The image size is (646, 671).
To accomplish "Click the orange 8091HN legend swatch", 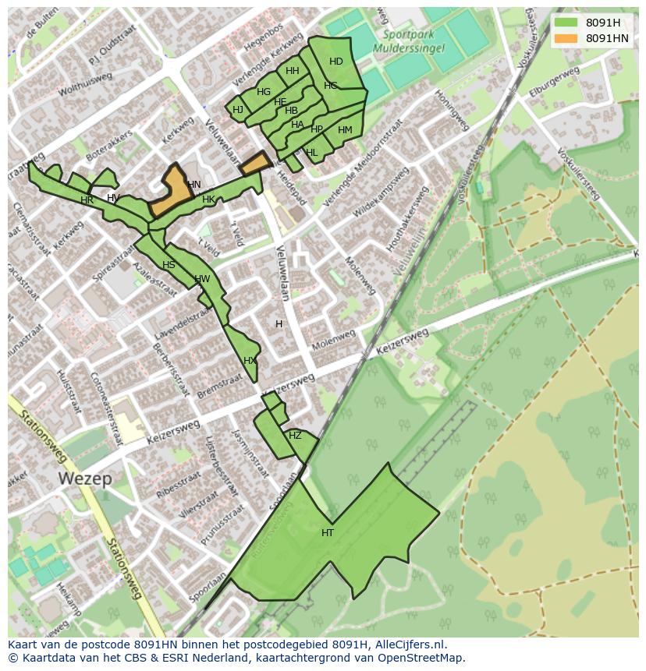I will click(566, 38).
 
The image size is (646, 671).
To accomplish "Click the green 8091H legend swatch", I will click(566, 23).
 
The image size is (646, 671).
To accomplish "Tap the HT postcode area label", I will click(328, 533).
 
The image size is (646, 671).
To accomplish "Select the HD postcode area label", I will click(336, 62).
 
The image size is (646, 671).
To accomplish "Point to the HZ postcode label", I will click(295, 436).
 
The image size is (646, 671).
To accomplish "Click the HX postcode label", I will click(250, 361).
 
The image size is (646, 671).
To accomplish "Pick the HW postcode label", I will click(202, 279).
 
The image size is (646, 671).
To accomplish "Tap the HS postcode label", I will click(169, 265).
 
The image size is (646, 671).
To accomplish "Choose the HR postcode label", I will click(87, 200).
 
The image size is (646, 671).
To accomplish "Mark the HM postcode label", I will click(345, 130).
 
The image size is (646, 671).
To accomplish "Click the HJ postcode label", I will click(238, 110).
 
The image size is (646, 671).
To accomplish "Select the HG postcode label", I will click(264, 92).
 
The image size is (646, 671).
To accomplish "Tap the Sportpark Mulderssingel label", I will click(414, 41).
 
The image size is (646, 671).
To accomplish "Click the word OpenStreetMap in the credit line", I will click(422, 658).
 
